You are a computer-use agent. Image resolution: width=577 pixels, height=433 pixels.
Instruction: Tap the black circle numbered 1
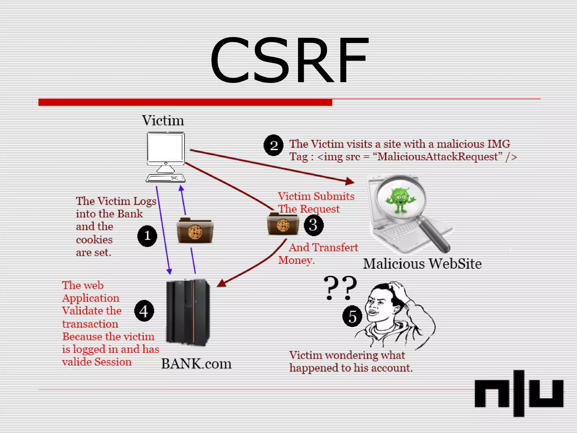click(147, 236)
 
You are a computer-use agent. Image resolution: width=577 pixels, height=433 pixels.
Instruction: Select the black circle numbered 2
click(273, 145)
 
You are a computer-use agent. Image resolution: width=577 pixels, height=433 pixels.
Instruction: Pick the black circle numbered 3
click(313, 225)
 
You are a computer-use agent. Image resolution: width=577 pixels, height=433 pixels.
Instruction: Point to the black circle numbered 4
click(144, 311)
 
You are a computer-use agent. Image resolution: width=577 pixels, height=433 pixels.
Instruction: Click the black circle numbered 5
click(352, 316)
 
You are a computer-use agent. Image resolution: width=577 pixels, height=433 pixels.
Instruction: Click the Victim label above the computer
click(163, 121)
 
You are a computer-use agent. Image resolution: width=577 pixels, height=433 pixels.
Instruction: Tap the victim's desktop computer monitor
click(166, 149)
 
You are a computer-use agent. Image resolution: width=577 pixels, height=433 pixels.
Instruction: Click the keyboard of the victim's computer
click(166, 178)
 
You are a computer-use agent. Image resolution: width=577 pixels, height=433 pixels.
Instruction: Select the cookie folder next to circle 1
click(195, 230)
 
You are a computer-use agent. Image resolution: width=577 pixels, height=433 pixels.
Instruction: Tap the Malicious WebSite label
click(422, 264)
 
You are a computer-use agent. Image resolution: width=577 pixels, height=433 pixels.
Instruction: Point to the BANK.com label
click(196, 364)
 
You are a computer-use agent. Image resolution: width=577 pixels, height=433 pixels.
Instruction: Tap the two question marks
click(340, 288)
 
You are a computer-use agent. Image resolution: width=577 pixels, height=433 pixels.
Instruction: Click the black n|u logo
click(519, 393)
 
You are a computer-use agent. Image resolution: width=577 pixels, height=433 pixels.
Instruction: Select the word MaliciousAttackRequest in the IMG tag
click(440, 157)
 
